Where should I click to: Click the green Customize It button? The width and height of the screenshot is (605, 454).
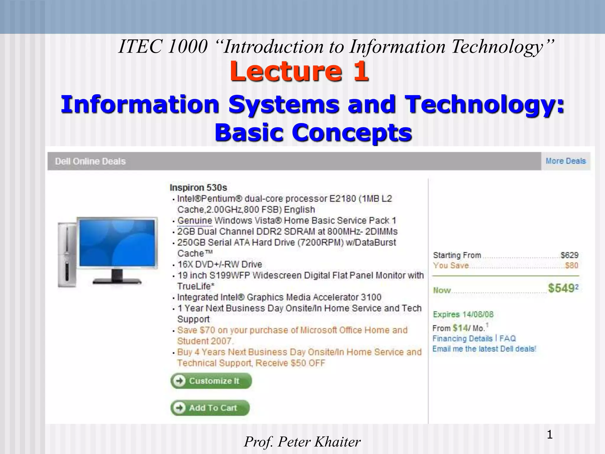click(x=211, y=381)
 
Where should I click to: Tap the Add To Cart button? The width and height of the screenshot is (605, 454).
click(x=210, y=408)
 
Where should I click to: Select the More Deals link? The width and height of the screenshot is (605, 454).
click(x=565, y=161)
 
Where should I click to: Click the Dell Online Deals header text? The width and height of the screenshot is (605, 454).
click(x=90, y=161)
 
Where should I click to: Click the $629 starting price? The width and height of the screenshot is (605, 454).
click(x=569, y=255)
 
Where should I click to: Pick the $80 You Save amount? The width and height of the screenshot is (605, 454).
click(x=571, y=265)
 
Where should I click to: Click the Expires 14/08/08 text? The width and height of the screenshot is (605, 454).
click(x=463, y=314)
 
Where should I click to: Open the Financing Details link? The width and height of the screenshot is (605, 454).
click(x=462, y=338)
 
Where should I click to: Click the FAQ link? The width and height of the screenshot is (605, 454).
click(x=508, y=338)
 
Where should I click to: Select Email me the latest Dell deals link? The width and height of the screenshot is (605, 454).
click(x=484, y=349)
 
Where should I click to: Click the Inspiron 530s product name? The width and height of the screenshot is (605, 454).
click(x=198, y=188)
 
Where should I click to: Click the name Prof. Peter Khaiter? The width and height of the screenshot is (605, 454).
click(x=302, y=442)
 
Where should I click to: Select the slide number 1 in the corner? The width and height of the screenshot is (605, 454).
click(x=549, y=434)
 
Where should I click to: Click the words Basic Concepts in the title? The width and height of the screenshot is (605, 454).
click(x=313, y=132)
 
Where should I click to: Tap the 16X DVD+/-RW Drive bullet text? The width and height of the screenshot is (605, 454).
click(x=219, y=264)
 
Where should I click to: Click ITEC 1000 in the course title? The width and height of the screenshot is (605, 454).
click(x=163, y=47)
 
